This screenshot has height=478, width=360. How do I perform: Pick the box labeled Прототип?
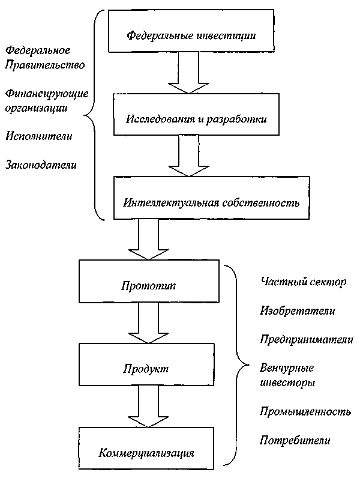click(148, 281)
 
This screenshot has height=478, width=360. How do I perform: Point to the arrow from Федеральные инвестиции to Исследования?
click(189, 73)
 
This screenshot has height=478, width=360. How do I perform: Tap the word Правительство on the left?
click(44, 64)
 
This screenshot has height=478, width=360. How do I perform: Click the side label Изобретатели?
click(298, 310)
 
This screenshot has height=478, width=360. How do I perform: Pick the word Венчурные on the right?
click(287, 368)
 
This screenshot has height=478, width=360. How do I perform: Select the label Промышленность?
click(305, 412)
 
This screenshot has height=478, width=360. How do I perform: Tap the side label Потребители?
click(295, 441)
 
